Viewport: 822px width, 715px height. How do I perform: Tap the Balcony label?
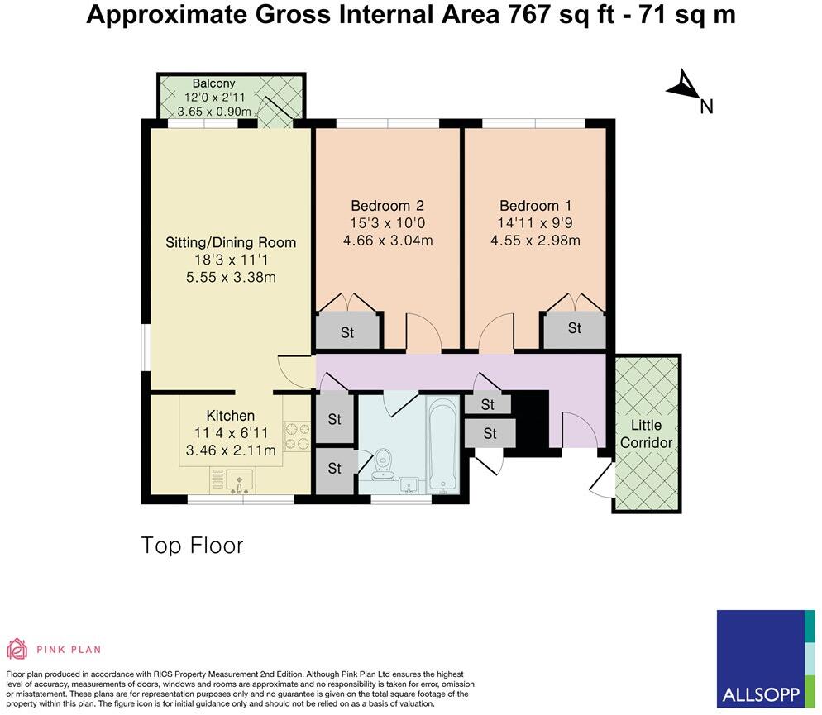click(x=213, y=83)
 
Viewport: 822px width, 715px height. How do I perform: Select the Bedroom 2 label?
click(x=388, y=205)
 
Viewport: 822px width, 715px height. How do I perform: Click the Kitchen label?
click(x=230, y=416)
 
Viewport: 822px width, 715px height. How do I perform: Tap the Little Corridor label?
click(x=647, y=433)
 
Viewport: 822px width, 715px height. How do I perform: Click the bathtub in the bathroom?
click(x=443, y=446)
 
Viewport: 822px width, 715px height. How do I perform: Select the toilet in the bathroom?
click(x=383, y=463)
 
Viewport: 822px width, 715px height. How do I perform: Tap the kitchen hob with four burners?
click(x=296, y=436)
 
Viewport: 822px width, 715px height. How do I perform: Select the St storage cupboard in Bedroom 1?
click(x=574, y=329)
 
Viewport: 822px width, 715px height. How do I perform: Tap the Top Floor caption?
click(x=192, y=546)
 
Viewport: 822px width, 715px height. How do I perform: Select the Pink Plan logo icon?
click(x=17, y=648)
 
